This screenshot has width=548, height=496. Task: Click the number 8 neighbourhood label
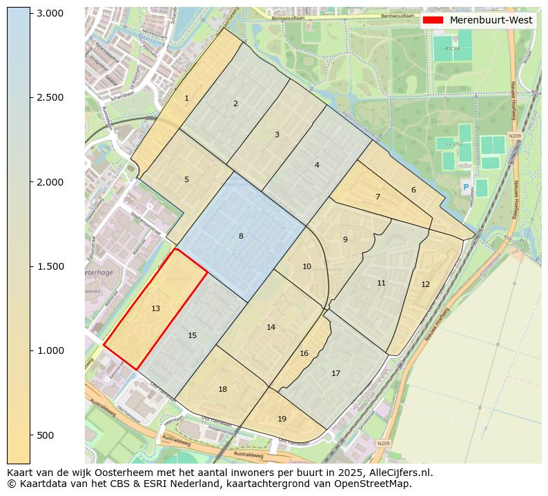pos(241,236)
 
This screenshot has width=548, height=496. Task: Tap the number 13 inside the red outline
pos(156,308)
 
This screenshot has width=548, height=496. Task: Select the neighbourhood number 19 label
pos(282,419)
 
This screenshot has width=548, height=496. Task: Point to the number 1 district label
pos(186,99)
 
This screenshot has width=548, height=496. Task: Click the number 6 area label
pos(413,190)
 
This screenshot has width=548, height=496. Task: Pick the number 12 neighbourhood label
pos(425,284)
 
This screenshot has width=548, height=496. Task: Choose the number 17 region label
pos(335,373)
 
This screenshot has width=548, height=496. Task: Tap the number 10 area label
pos(306,266)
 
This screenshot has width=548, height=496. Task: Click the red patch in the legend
pos(434,20)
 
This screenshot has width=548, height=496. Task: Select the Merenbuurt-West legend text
pos(491,20)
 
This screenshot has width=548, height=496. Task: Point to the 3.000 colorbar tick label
pos(50,13)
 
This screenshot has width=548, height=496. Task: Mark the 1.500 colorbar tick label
pos(50,266)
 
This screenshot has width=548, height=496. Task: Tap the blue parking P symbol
pos(466,187)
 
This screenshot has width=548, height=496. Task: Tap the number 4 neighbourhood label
pos(317,165)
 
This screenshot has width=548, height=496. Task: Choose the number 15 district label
pos(193,335)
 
